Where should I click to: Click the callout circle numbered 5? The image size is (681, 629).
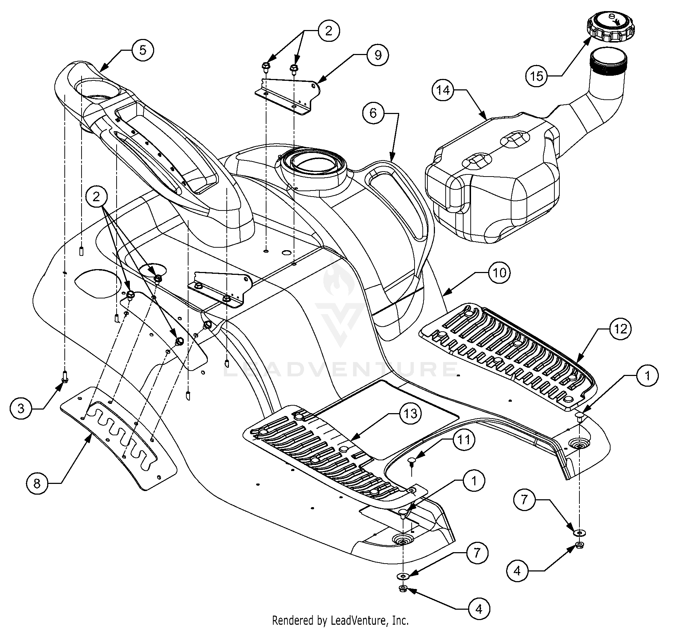point(143,50)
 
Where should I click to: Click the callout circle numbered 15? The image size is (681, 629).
point(537,76)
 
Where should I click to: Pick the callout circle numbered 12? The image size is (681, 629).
point(620,328)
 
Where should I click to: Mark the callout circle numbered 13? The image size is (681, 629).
point(410,413)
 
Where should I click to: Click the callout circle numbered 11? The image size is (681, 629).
point(464,440)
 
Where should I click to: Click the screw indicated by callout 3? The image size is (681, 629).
point(65,376)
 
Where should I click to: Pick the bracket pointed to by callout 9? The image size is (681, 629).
point(287,96)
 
